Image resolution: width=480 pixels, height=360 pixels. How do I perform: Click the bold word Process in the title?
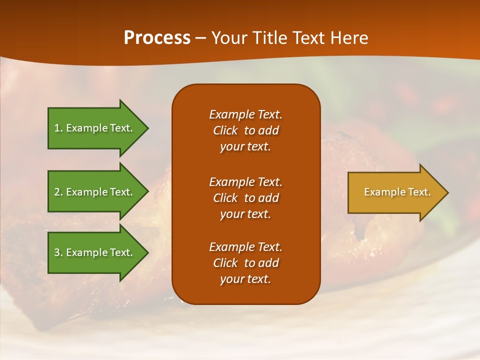(157, 38)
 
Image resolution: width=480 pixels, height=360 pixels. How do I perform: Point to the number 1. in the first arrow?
(58, 128)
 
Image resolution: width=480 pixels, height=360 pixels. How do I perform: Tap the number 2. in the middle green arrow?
(58, 192)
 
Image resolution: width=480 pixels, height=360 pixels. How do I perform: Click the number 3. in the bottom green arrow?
(58, 252)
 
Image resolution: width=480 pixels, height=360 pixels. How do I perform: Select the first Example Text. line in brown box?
(245, 114)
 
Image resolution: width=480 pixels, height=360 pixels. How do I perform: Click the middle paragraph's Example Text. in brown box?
(245, 182)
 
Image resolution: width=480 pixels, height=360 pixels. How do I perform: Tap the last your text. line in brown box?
(245, 279)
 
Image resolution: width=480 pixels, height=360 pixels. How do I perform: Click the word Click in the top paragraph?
(225, 130)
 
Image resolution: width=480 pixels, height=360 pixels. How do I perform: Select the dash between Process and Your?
(201, 38)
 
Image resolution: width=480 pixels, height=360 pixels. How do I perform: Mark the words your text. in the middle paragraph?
(245, 214)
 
